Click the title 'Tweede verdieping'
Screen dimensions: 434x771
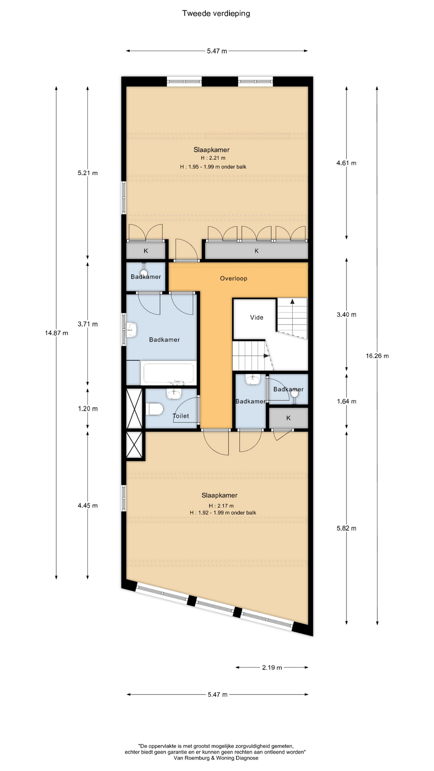tap(216, 14)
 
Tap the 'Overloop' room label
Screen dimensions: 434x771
tap(233, 278)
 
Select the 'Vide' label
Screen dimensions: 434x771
tap(257, 317)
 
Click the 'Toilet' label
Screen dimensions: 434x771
tap(181, 416)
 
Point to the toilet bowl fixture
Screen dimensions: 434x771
tap(154, 409)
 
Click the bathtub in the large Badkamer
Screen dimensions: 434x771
tap(168, 373)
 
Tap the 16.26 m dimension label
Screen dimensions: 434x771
tap(377, 356)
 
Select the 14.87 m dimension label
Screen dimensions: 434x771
tap(57, 333)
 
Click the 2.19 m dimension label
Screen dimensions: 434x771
tap(272, 667)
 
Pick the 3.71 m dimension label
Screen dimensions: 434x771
tap(88, 324)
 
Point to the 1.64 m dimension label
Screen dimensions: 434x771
tap(346, 401)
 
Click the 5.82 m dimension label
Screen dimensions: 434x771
tap(346, 528)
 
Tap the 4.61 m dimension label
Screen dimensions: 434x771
tap(346, 163)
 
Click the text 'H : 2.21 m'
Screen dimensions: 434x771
tap(213, 158)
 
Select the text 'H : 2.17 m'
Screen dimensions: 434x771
tap(221, 506)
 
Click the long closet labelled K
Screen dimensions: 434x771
tap(256, 251)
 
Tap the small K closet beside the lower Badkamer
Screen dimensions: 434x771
tap(288, 418)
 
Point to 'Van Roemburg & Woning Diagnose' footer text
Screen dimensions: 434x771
tap(216, 758)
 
